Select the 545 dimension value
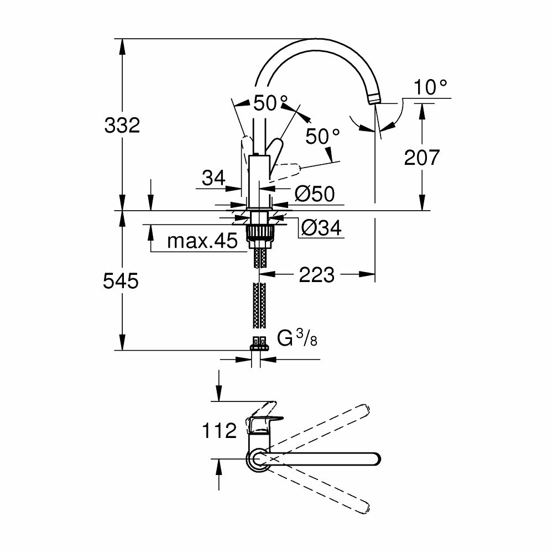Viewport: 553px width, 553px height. tap(120, 281)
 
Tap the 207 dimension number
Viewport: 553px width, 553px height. tap(421, 158)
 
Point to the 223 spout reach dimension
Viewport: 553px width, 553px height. tap(317, 274)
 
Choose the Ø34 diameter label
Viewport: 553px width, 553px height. tap(321, 227)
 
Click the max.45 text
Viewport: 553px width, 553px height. tap(201, 241)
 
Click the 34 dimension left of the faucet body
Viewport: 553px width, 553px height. tap(213, 178)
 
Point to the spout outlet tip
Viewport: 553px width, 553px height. tap(374, 100)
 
